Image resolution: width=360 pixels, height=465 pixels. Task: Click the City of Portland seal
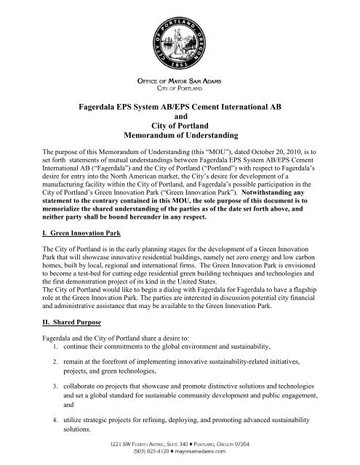(179, 35)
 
